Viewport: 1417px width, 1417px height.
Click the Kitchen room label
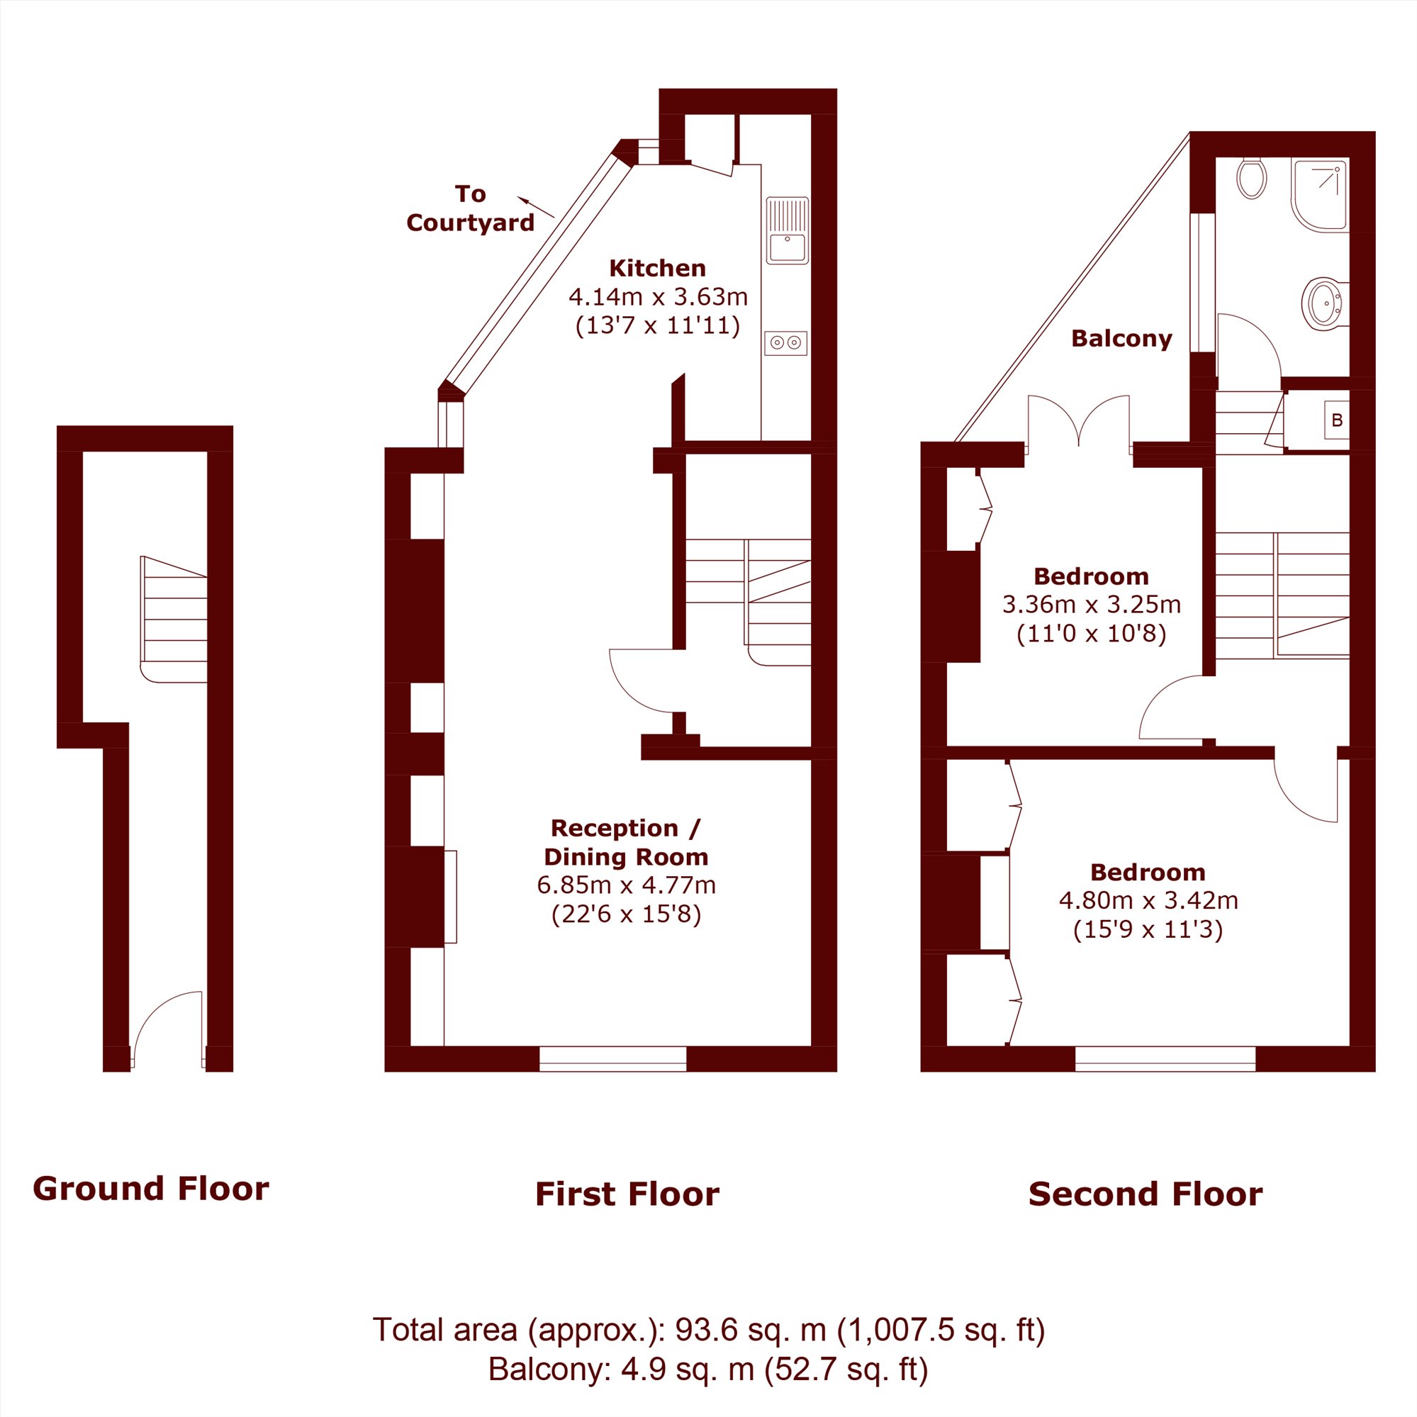(657, 268)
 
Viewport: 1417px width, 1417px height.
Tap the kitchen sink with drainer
(787, 230)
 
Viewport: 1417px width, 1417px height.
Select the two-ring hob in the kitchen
(785, 342)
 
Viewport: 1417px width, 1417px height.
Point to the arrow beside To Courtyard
(535, 207)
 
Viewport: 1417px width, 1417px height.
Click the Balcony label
(1121, 338)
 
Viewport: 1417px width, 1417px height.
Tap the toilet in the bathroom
(1251, 178)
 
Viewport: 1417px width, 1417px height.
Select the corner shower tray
(1319, 195)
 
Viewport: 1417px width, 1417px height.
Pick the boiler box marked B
(1336, 420)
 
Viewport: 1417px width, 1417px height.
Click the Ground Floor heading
(151, 1189)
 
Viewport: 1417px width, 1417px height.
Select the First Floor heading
(627, 1194)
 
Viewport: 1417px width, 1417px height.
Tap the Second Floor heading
(1145, 1194)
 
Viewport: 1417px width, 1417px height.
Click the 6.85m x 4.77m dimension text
(627, 885)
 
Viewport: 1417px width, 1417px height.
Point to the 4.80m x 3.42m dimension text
(1148, 900)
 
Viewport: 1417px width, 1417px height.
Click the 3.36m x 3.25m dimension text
(1092, 605)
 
